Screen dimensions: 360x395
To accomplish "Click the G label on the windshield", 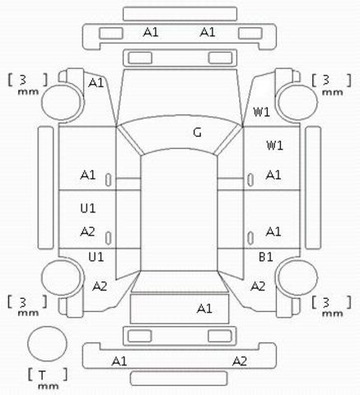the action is point(197,132).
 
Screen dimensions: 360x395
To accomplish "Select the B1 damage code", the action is point(266,257).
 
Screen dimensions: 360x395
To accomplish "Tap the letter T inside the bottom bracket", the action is point(42,374).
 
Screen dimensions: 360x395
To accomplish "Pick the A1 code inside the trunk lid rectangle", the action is point(204,309).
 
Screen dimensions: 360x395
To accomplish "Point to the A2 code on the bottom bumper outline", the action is point(240,361).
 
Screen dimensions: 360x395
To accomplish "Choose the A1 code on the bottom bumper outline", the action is point(119,361).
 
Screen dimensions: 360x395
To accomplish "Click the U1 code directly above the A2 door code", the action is point(88,208).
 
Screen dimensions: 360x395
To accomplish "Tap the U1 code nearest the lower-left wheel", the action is point(96,257).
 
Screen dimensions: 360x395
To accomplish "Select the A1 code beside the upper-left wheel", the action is point(96,82).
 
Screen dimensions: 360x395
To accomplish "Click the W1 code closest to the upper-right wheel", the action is point(261,112).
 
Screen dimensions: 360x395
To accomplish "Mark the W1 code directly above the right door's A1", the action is point(274,145).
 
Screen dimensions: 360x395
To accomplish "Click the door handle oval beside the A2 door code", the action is point(109,238).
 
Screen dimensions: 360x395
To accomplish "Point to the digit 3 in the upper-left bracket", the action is point(23,80).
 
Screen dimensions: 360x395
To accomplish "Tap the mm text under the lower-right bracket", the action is point(332,313).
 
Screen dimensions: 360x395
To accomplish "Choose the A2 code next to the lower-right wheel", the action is point(258,286).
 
